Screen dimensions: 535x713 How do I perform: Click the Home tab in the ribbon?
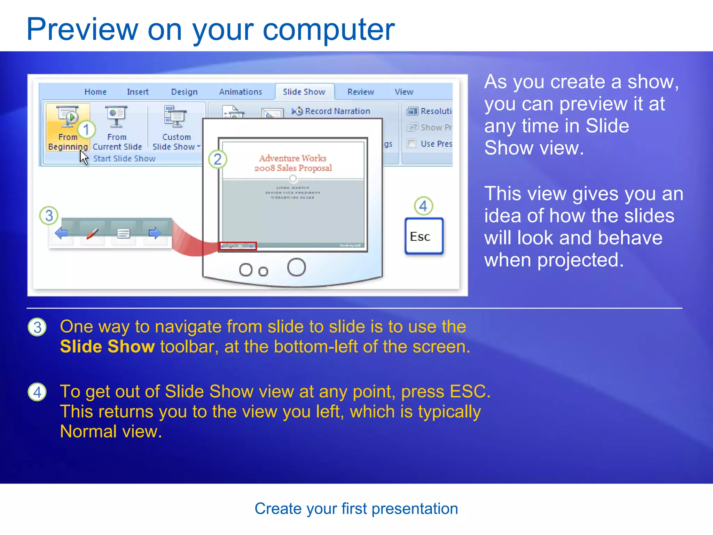click(95, 92)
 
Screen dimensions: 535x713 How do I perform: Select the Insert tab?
click(138, 92)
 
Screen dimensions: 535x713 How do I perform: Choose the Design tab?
click(184, 92)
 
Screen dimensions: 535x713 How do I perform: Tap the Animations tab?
click(240, 92)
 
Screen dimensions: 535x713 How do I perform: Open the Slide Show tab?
click(304, 92)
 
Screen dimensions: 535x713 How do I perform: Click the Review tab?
click(361, 92)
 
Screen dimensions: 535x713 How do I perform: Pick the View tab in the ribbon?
click(404, 92)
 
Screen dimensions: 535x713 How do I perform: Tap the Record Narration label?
click(337, 111)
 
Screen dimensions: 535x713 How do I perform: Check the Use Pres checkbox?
click(412, 144)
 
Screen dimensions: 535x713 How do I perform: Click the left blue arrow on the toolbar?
click(61, 233)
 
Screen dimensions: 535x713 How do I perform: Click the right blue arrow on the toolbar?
click(155, 233)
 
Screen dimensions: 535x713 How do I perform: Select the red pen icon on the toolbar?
click(92, 233)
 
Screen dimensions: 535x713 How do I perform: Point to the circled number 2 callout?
click(218, 159)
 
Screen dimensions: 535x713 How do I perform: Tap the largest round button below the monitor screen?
click(296, 267)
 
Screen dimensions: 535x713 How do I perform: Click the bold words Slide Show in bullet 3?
click(107, 347)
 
